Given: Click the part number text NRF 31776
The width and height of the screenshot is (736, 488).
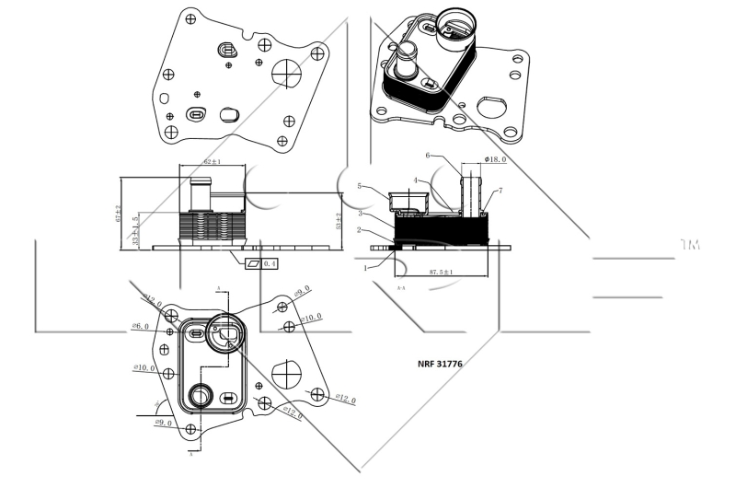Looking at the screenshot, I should tap(440, 365).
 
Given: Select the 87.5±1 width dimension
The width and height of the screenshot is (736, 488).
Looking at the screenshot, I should tap(443, 273).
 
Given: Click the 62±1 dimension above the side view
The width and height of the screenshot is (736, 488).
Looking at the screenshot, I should tap(212, 161).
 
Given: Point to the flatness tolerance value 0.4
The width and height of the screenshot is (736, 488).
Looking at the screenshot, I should tap(270, 263).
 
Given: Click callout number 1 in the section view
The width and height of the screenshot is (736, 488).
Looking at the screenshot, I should tap(364, 268).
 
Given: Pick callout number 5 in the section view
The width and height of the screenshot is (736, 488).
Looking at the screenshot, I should tap(361, 187).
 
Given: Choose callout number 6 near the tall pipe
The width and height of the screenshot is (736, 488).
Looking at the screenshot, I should tap(428, 155).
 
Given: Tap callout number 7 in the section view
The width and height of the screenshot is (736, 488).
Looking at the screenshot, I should tap(500, 191).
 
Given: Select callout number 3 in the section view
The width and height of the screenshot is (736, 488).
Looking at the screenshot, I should tap(361, 213).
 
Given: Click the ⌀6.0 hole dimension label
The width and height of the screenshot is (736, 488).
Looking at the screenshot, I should tap(140, 326).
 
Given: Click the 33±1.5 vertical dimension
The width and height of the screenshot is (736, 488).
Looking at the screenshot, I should tap(135, 231).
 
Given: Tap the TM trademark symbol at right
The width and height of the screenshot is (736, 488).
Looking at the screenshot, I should tap(689, 245).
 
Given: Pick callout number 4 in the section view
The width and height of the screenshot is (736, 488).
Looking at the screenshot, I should tap(416, 180).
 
